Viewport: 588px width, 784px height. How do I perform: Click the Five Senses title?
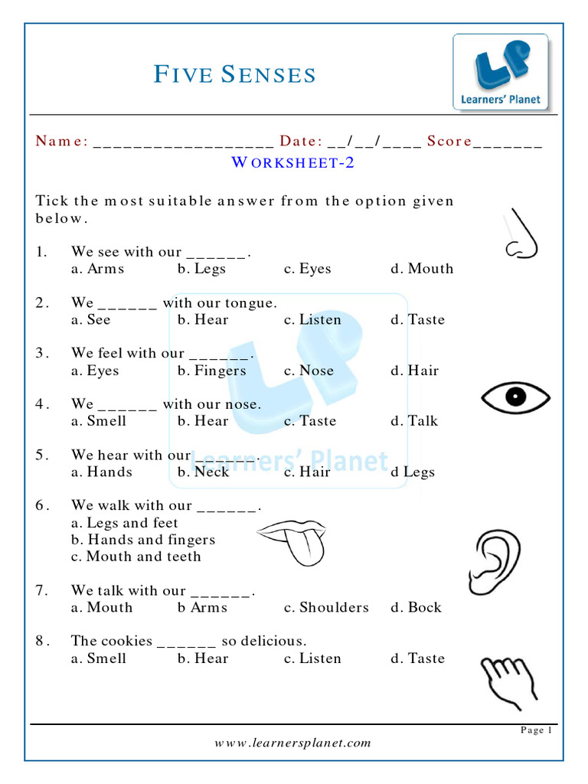coord(235,75)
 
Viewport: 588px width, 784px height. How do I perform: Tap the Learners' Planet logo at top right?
coord(501,71)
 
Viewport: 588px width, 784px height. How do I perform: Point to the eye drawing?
coord(515,397)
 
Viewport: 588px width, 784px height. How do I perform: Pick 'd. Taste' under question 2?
coord(417,320)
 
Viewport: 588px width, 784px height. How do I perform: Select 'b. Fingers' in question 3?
coord(212,371)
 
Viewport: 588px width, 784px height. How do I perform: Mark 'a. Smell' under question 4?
coord(99,421)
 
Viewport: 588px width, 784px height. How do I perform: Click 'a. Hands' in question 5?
coord(102,472)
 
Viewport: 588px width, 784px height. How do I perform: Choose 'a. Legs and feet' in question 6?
coord(125,523)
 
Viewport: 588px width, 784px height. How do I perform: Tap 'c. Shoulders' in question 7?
coord(326,607)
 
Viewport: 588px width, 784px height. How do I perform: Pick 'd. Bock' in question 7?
coord(416,607)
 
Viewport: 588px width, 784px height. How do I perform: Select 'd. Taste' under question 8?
coord(417,658)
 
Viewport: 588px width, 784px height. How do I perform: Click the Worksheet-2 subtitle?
coord(292,162)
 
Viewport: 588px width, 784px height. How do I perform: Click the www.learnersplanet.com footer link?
coord(292,743)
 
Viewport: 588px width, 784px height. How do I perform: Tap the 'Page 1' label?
coord(536,730)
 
